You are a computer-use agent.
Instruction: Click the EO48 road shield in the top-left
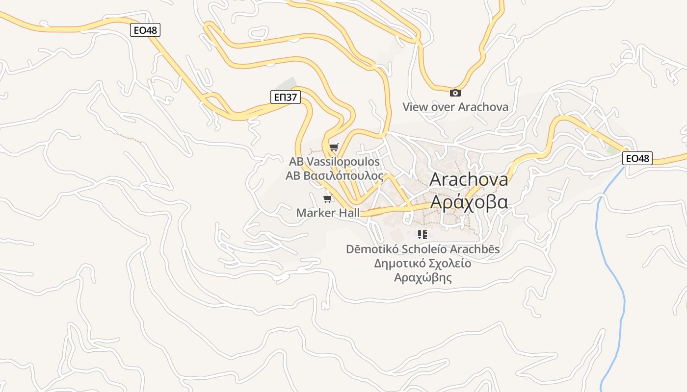[x=146, y=30]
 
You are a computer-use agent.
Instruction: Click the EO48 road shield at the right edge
[x=637, y=158]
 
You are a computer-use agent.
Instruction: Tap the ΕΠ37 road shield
[x=285, y=97]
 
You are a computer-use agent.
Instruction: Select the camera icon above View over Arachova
[x=455, y=93]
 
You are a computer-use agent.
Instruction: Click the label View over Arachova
[x=455, y=107]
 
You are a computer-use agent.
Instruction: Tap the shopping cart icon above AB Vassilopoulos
[x=334, y=147]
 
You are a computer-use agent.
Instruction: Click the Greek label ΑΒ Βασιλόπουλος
[x=335, y=176]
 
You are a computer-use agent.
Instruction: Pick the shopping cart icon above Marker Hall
[x=327, y=198]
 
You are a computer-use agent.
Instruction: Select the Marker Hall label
[x=328, y=213]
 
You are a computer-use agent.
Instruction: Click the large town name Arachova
[x=469, y=179]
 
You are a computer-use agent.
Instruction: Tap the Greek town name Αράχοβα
[x=469, y=201]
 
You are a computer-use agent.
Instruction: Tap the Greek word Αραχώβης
[x=423, y=278]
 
